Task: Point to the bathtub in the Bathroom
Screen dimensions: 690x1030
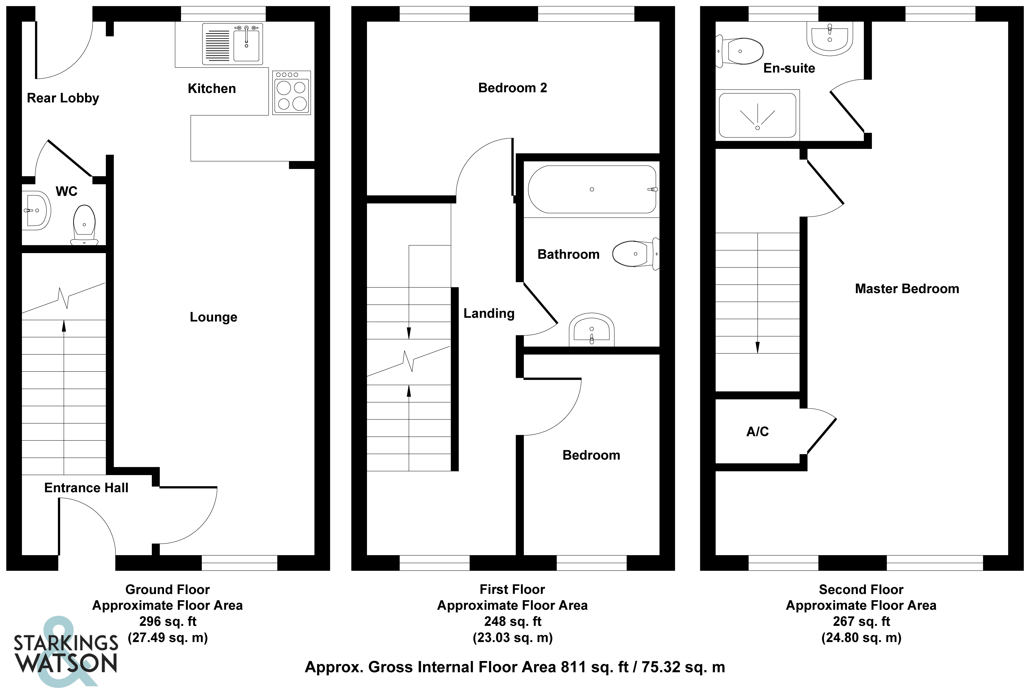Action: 592,189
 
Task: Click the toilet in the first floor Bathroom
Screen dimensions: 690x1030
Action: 634,254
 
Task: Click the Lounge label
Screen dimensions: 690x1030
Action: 213,317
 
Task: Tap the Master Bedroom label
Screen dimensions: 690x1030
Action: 907,289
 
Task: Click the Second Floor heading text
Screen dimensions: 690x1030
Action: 861,589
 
